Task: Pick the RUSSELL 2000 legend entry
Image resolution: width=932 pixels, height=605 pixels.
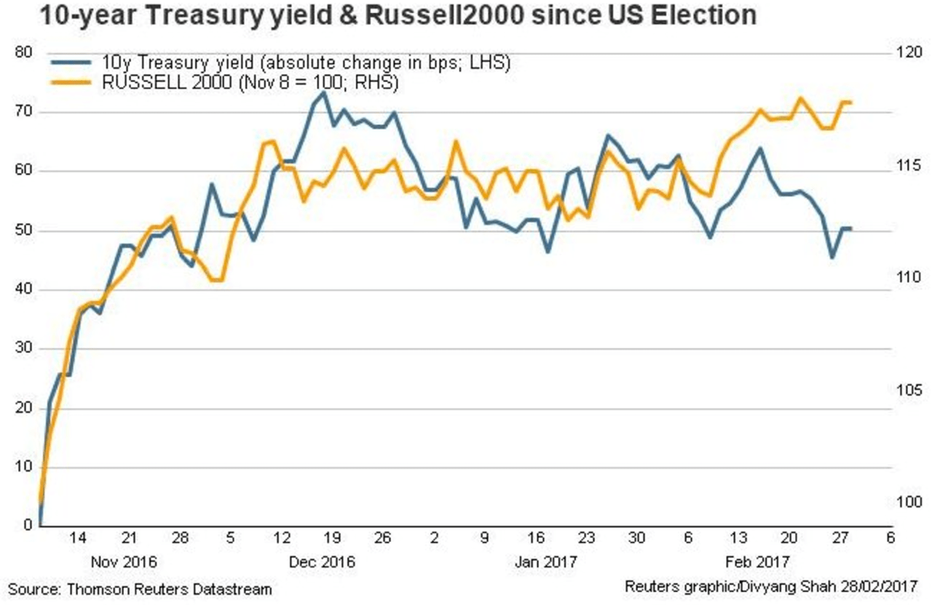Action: (248, 83)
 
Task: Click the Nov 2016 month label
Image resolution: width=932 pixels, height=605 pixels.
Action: (124, 562)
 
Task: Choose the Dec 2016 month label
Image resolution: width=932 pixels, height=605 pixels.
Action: (321, 562)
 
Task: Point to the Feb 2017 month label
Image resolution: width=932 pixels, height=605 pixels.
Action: (757, 562)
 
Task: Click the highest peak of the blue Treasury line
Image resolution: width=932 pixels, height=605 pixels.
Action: (323, 92)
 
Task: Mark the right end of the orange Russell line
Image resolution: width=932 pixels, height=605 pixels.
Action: (850, 102)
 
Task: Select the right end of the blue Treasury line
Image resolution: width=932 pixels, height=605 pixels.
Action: (850, 228)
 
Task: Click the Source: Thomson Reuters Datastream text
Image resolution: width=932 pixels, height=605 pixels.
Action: (140, 589)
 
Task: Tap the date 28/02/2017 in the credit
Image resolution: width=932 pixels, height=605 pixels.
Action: (880, 586)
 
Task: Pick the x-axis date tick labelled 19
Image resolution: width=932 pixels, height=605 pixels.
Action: (331, 539)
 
